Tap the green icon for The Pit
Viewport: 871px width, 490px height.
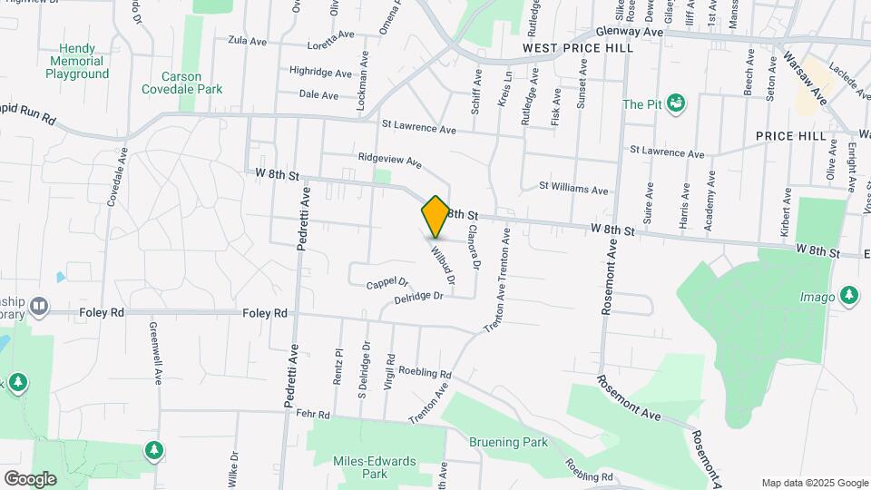[675, 103]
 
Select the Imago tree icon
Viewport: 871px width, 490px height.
[848, 294]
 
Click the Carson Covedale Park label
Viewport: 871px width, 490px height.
[181, 83]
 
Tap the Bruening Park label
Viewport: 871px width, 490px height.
[509, 442]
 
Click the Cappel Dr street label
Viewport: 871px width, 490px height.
[387, 284]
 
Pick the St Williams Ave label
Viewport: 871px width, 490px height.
[573, 190]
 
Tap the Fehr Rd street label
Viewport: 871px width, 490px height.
[312, 414]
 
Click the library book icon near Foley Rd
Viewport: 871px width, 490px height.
[37, 306]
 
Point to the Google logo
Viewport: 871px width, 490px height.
[30, 478]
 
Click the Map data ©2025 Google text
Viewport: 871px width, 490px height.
[815, 483]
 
